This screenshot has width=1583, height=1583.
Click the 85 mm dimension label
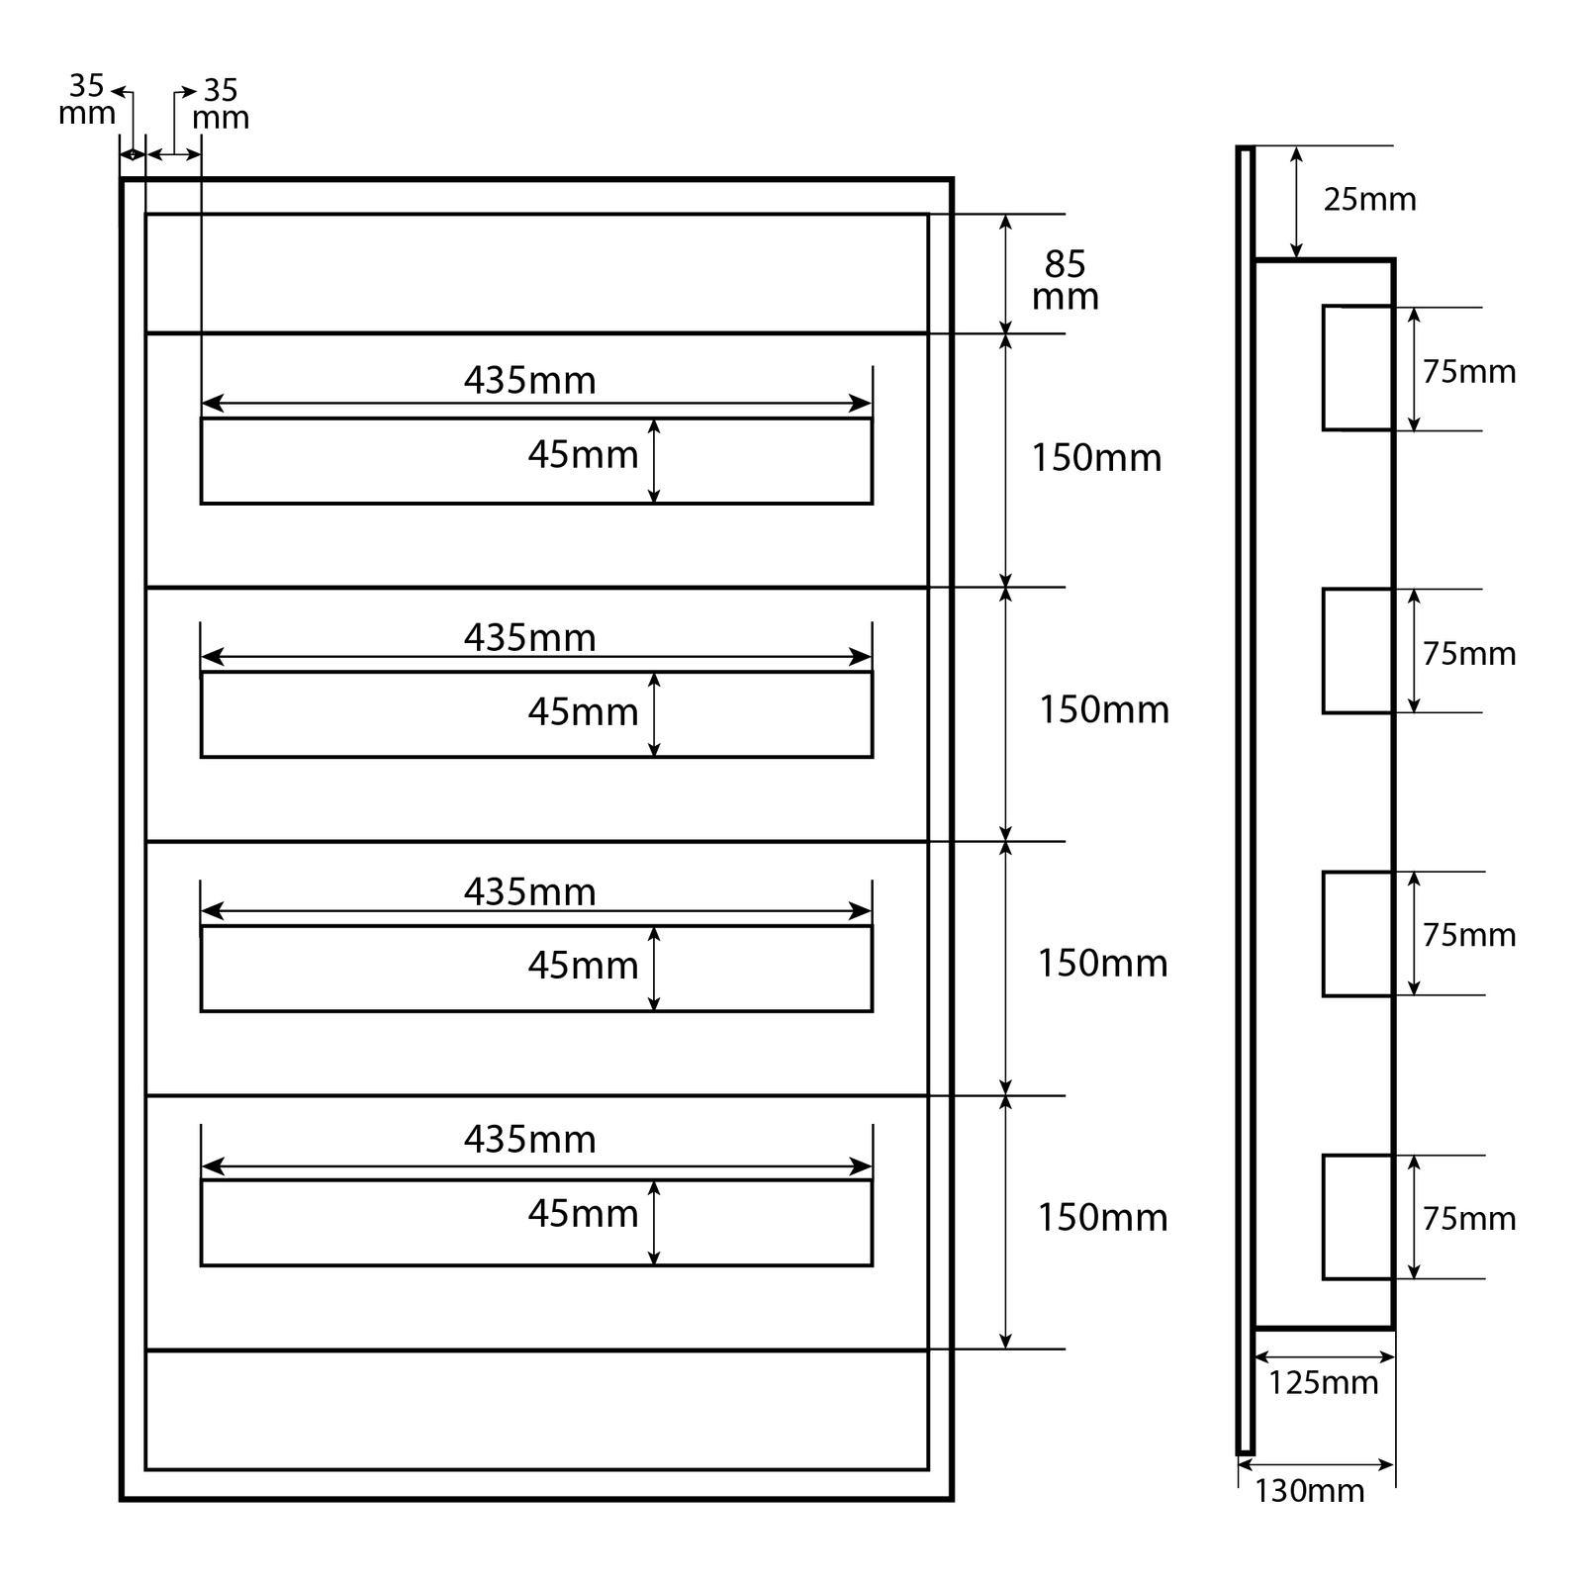pos(1065,280)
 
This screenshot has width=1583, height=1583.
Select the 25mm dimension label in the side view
pos(1369,200)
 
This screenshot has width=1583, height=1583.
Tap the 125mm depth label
pos(1323,1382)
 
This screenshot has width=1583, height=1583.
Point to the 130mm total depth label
pos(1309,1490)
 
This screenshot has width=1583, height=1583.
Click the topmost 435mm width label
pos(530,381)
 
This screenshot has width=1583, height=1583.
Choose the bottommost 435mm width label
pos(530,1140)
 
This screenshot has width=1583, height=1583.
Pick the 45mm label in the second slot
pos(583,711)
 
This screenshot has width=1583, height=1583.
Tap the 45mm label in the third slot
pos(583,965)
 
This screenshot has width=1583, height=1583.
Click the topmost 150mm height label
pos(1096,458)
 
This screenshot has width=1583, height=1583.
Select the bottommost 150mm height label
pos(1102,1217)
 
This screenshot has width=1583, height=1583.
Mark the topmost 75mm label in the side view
pos(1469,372)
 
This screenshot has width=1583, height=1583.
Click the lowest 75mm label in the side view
pos(1469,1219)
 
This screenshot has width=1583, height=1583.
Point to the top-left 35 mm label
pos(87,100)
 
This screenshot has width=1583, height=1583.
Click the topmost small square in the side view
pos(1357,368)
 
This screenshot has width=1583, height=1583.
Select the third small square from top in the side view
pos(1357,933)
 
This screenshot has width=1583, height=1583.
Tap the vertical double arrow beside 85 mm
pos(1006,274)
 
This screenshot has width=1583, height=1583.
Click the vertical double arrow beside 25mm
pos(1296,203)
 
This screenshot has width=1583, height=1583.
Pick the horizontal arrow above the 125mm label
pos(1324,1357)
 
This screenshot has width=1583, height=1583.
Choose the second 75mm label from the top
pos(1469,654)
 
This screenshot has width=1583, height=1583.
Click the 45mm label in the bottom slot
pos(583,1213)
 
